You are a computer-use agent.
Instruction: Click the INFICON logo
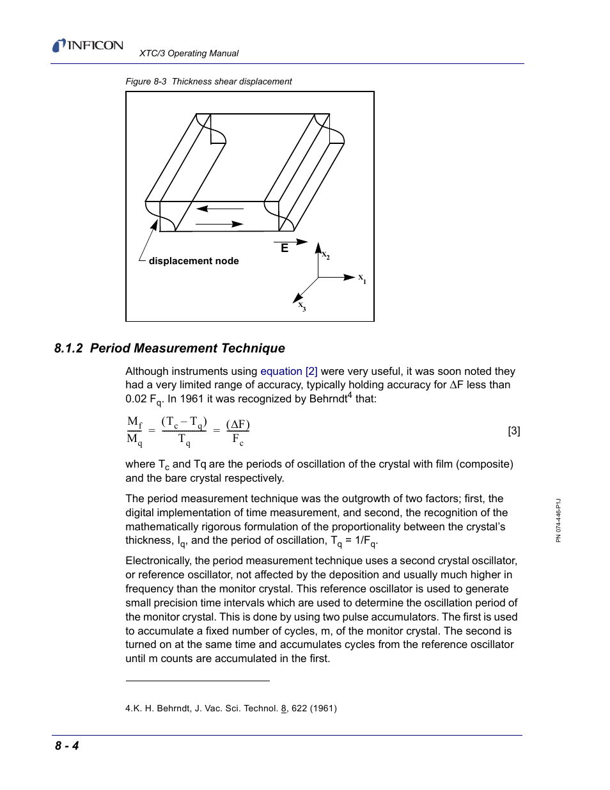[x=88, y=45]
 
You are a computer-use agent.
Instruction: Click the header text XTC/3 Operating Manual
[x=189, y=54]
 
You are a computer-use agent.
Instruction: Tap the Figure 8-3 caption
[x=208, y=82]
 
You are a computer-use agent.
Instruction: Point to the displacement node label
[x=193, y=261]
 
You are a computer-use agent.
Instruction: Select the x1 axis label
[x=362, y=278]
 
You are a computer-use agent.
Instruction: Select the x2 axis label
[x=325, y=255]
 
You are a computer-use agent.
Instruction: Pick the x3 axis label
[x=302, y=306]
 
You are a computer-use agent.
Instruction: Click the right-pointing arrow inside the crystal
[x=219, y=225]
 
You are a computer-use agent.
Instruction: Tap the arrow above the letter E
[x=291, y=242]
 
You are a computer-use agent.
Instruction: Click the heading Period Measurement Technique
[x=187, y=349]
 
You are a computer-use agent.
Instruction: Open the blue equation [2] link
[x=288, y=372]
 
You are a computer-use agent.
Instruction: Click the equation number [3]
[x=514, y=431]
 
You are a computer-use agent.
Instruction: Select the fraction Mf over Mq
[x=134, y=431]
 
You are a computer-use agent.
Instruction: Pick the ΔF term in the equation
[x=238, y=425]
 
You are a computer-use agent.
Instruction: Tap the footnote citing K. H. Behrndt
[x=231, y=709]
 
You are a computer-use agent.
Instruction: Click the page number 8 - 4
[x=66, y=746]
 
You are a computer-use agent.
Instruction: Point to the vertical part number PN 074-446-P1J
[x=558, y=521]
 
